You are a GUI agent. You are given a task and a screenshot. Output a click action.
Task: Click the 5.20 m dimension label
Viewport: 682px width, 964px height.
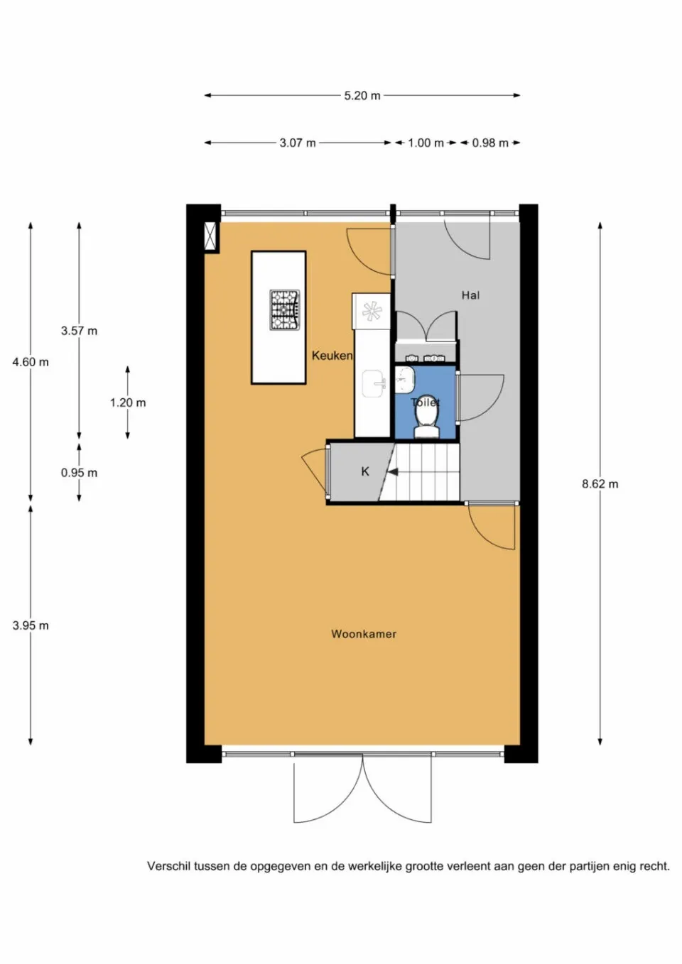click(362, 96)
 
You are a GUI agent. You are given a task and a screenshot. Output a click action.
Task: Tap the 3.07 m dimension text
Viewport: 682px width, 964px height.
click(297, 143)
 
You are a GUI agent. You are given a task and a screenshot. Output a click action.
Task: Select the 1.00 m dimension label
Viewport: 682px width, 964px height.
click(426, 143)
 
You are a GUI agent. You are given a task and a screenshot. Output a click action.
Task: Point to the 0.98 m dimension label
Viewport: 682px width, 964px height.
click(490, 143)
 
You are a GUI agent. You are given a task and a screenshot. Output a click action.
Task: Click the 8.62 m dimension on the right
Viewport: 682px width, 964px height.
click(600, 484)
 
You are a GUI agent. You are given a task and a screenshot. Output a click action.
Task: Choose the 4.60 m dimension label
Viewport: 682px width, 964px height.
click(31, 362)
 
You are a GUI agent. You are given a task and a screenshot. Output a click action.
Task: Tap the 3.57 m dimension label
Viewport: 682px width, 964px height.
click(79, 331)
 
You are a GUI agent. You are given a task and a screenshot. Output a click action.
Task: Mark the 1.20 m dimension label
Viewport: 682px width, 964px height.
click(128, 402)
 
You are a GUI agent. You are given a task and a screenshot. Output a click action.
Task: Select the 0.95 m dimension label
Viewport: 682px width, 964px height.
click(79, 473)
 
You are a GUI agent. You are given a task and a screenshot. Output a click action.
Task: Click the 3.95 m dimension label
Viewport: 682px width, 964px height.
click(31, 625)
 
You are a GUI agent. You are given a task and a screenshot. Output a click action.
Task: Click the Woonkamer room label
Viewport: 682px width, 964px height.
click(364, 634)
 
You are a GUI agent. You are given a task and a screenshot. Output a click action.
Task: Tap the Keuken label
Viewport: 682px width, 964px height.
click(332, 356)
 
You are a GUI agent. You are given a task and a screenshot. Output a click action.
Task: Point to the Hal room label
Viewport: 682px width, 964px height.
click(470, 295)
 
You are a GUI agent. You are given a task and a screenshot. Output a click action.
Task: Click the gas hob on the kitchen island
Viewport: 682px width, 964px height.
click(285, 310)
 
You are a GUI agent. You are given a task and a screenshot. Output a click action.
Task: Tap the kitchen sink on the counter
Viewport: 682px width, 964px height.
click(374, 384)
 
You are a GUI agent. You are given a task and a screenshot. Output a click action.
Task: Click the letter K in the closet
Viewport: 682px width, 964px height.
click(365, 471)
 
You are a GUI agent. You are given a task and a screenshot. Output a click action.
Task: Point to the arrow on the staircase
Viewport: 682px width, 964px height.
click(392, 471)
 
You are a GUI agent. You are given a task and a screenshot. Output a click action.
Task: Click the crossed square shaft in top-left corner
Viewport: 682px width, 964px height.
click(211, 237)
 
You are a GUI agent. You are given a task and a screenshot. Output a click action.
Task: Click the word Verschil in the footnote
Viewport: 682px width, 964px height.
click(168, 866)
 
